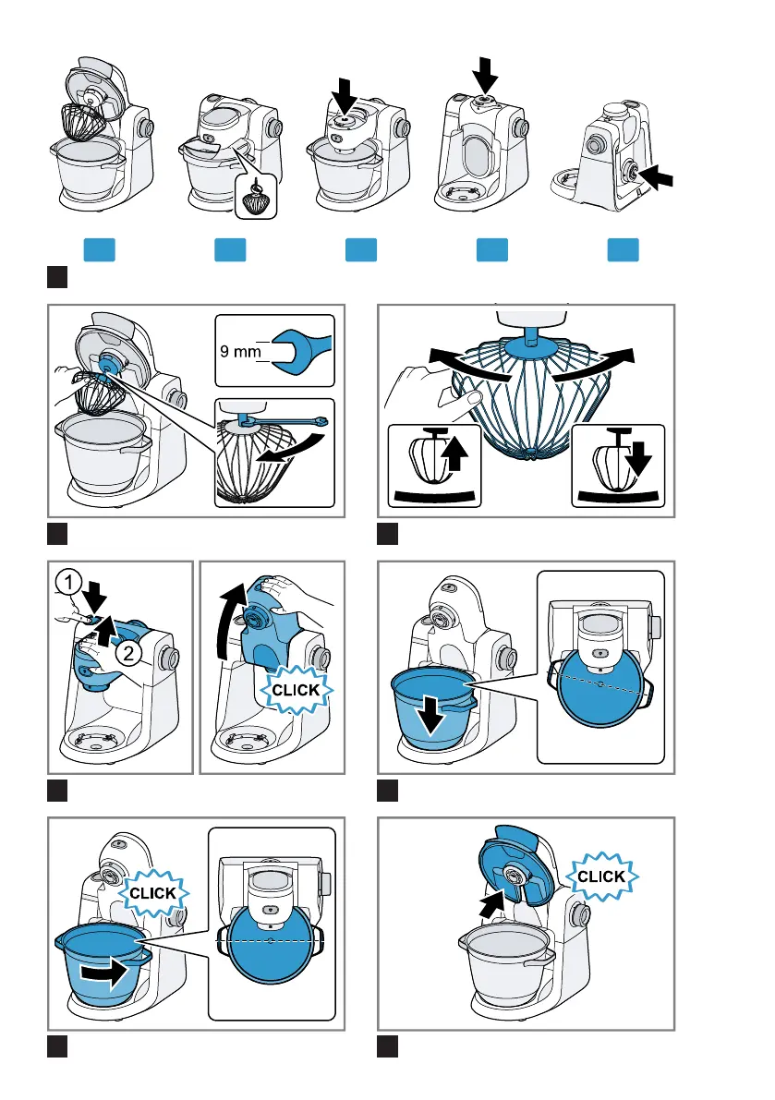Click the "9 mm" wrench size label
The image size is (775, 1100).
(240, 351)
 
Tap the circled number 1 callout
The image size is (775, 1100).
(68, 582)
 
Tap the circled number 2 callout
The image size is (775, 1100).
(128, 654)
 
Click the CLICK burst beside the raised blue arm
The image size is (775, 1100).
(296, 690)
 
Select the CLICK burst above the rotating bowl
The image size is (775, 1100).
(153, 893)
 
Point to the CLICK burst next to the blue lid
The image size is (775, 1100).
(601, 876)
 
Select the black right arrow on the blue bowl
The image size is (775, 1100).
(105, 973)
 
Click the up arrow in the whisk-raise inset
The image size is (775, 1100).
(456, 453)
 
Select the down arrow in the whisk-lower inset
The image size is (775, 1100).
(639, 460)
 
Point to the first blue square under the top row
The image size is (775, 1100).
(100, 249)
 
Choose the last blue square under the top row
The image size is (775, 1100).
(623, 249)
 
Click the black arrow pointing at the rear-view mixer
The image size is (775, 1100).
(657, 176)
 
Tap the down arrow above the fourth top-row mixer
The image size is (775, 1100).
(484, 75)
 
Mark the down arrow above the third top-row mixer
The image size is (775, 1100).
(343, 95)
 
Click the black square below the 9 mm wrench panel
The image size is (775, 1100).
(57, 534)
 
